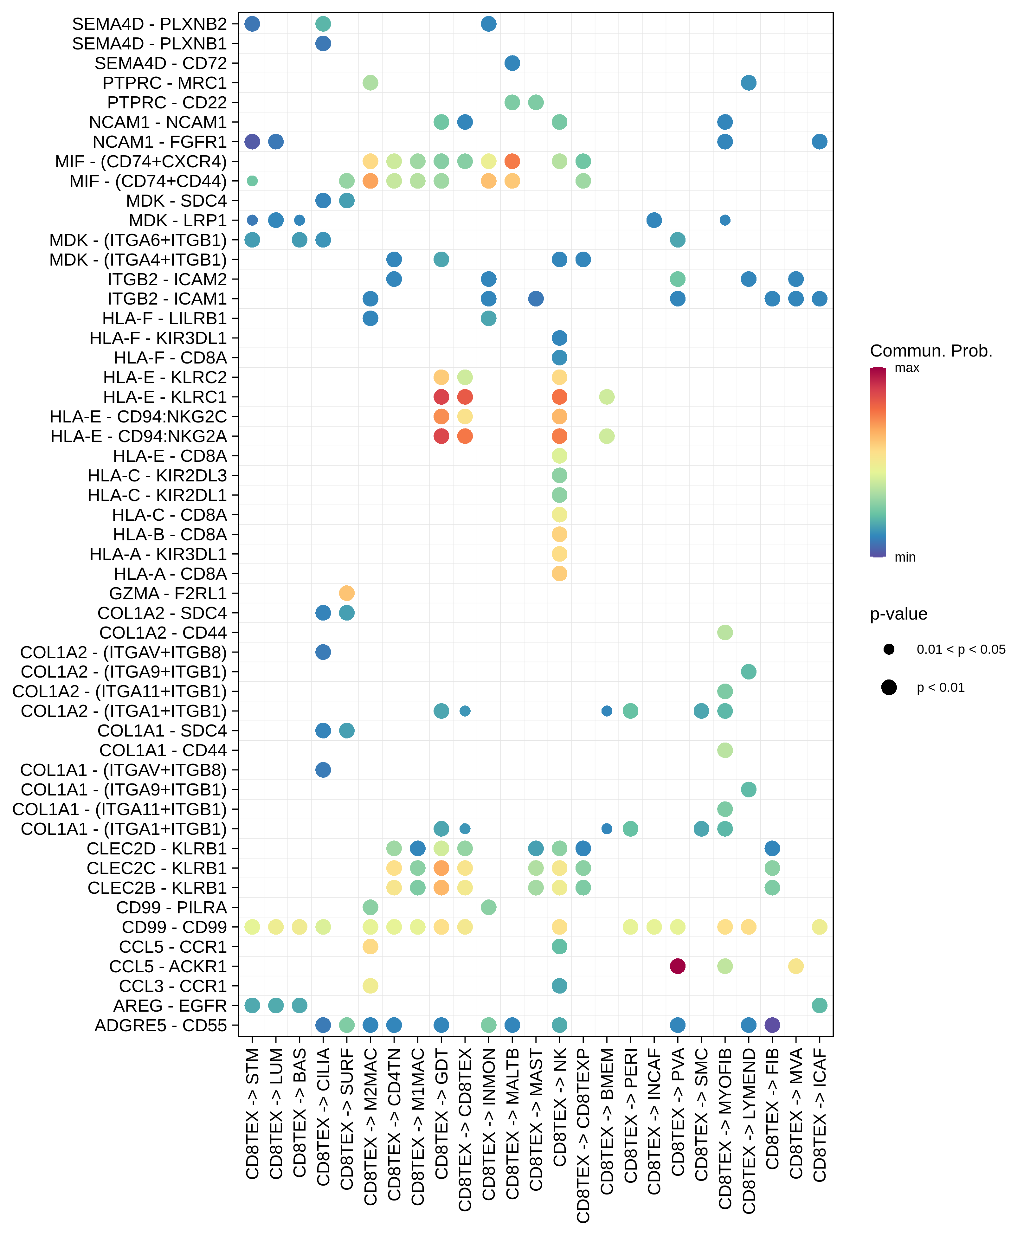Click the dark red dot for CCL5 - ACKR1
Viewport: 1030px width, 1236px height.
pos(678,966)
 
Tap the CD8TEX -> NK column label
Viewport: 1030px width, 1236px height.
pos(560,1106)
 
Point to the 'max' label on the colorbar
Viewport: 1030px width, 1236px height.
pos(906,368)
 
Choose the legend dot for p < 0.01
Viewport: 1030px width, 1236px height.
pos(889,687)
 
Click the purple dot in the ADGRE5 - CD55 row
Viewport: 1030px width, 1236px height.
pos(772,1025)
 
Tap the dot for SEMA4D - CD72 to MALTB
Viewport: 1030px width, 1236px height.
pos(512,63)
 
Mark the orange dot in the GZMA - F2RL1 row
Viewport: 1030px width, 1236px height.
pos(347,593)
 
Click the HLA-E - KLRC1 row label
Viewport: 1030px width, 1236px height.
pos(165,397)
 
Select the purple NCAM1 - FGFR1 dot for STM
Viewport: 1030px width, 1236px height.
pos(252,141)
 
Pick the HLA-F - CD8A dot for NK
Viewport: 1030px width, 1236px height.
pos(560,357)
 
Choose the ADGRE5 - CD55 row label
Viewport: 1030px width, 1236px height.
pos(161,1025)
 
